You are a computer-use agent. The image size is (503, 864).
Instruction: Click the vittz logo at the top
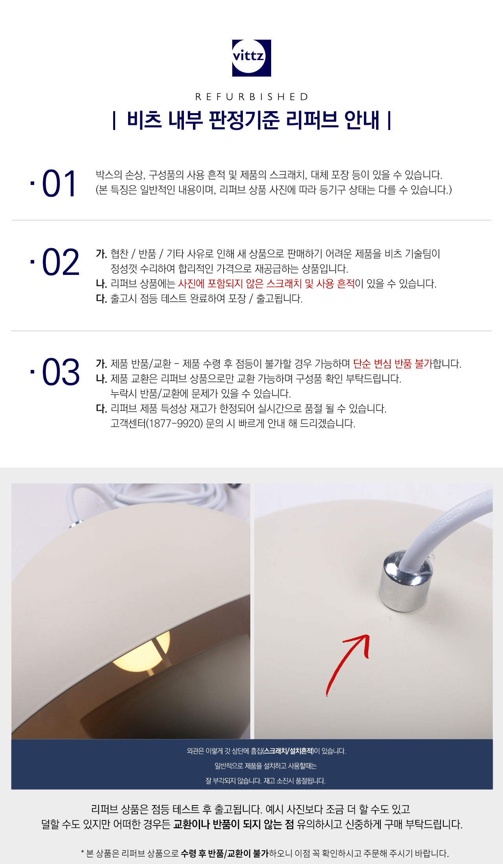coord(251,58)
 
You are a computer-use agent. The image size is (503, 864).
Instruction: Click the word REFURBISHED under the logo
coord(252,97)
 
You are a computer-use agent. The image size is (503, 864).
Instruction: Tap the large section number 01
coord(59,183)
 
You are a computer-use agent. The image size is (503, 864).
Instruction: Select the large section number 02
coord(61,262)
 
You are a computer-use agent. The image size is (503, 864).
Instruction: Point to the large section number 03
coord(61,372)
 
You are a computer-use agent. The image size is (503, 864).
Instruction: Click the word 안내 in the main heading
coord(362,120)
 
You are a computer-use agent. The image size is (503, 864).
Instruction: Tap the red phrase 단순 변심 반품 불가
coord(393,364)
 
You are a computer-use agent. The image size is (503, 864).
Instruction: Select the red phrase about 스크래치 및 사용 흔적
coord(266,284)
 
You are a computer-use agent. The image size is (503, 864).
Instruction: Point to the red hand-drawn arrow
coord(348,665)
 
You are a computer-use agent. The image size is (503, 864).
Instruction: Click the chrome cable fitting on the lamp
coord(405,581)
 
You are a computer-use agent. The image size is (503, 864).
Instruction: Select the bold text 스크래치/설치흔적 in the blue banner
coord(288,751)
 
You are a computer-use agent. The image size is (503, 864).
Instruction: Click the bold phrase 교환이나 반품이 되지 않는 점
coord(233,824)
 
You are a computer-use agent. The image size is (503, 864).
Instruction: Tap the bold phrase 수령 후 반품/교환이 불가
coord(225,853)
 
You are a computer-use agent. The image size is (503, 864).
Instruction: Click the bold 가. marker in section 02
coord(101,254)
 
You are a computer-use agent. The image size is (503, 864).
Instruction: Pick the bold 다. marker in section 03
coord(101,408)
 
